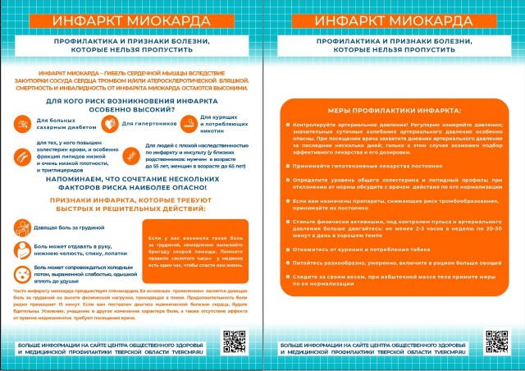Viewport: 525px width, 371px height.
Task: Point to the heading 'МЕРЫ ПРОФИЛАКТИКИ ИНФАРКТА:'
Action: tap(392, 110)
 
